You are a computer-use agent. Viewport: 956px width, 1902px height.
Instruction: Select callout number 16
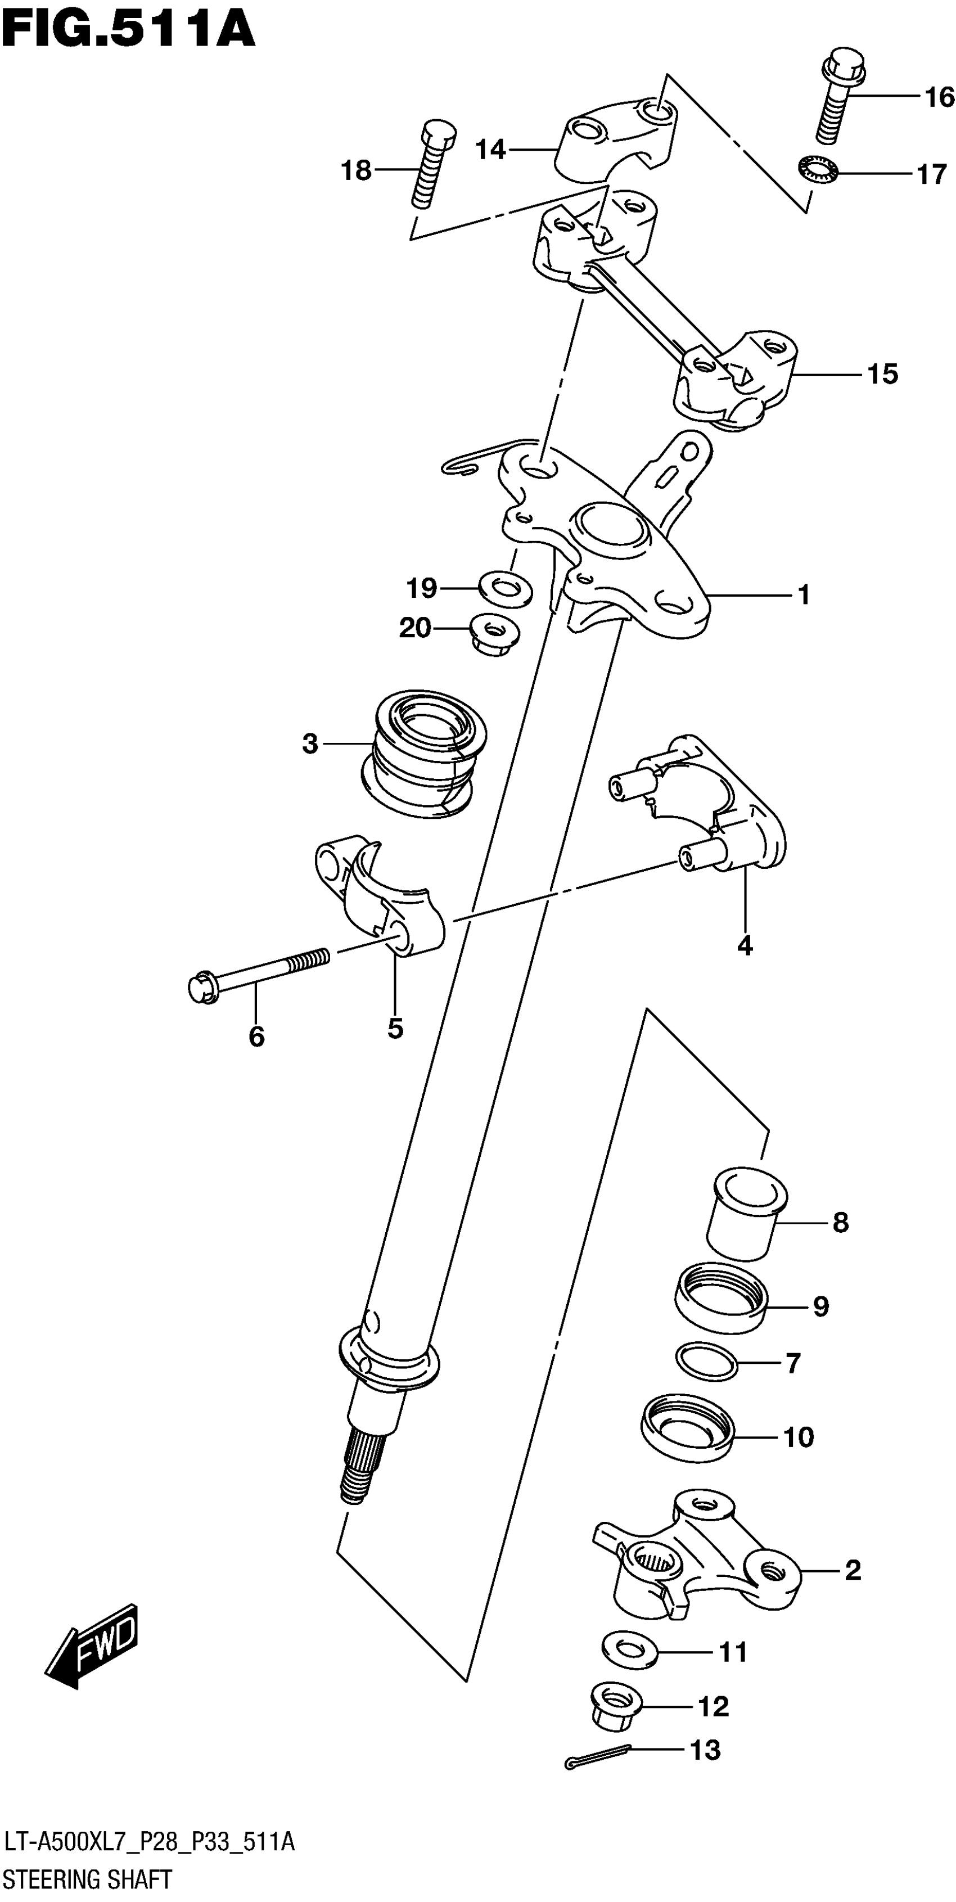pyautogui.click(x=939, y=97)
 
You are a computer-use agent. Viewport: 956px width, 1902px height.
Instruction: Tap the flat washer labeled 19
pyautogui.click(x=506, y=588)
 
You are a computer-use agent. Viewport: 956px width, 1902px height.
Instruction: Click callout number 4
pyautogui.click(x=745, y=945)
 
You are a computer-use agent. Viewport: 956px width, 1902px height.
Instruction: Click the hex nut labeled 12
pyautogui.click(x=616, y=1706)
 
